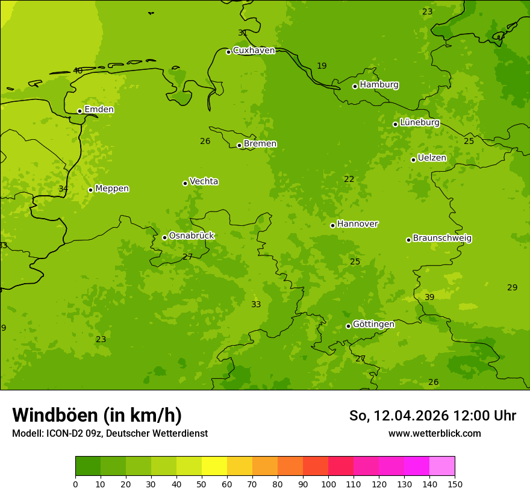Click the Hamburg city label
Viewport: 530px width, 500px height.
pos(379,85)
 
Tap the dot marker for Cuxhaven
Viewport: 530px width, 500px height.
pos(228,52)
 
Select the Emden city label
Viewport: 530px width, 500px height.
pos(99,110)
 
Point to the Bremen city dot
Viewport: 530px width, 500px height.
pos(239,145)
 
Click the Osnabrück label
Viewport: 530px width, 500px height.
pos(192,236)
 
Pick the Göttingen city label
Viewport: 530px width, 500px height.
pos(373,324)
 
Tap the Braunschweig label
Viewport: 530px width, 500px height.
pos(442,239)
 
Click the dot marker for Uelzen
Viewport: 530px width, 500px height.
pos(413,160)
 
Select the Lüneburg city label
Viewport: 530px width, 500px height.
pos(419,122)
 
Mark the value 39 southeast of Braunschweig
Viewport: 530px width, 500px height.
pos(429,298)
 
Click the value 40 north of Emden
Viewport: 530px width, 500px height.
pos(78,71)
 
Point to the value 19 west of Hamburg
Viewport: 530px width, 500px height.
pos(322,66)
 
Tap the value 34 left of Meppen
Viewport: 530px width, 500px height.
pos(63,189)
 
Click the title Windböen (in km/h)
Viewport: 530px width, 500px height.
pos(97,415)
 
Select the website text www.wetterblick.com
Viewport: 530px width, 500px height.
pos(434,434)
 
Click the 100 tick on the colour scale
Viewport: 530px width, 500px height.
pos(328,484)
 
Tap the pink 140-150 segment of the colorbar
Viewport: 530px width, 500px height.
pos(442,466)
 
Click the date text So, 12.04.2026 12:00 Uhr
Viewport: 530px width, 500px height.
pos(432,416)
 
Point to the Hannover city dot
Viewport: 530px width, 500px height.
pos(332,225)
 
